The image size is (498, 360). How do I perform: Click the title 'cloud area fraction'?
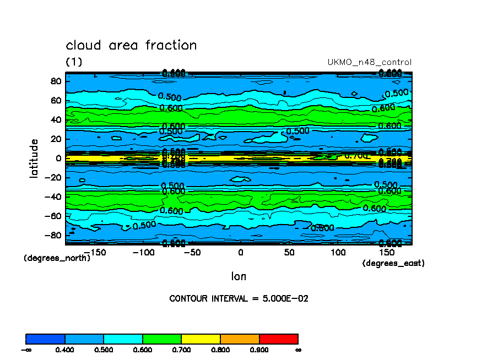click(x=131, y=45)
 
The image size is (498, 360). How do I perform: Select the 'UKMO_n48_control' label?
click(x=369, y=62)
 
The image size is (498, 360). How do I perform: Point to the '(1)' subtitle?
click(x=74, y=62)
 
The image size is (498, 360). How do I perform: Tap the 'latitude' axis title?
click(x=34, y=158)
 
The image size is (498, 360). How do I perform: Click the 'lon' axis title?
click(x=239, y=276)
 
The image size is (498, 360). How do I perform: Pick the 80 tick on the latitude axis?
click(x=55, y=81)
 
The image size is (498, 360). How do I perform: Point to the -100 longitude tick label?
click(x=144, y=253)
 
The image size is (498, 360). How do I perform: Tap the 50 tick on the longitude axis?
click(x=289, y=253)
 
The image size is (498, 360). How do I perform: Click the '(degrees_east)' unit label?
click(x=393, y=264)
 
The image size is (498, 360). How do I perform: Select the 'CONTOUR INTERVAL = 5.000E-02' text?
click(x=239, y=299)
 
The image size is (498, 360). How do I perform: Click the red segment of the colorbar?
click(x=278, y=339)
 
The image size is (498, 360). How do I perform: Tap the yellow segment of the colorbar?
click(x=201, y=339)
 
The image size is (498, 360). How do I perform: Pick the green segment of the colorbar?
click(x=162, y=339)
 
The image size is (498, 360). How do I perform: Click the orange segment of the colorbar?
click(x=240, y=339)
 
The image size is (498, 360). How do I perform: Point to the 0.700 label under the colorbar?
click(x=181, y=350)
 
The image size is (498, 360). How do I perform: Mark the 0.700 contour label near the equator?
click(x=356, y=156)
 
